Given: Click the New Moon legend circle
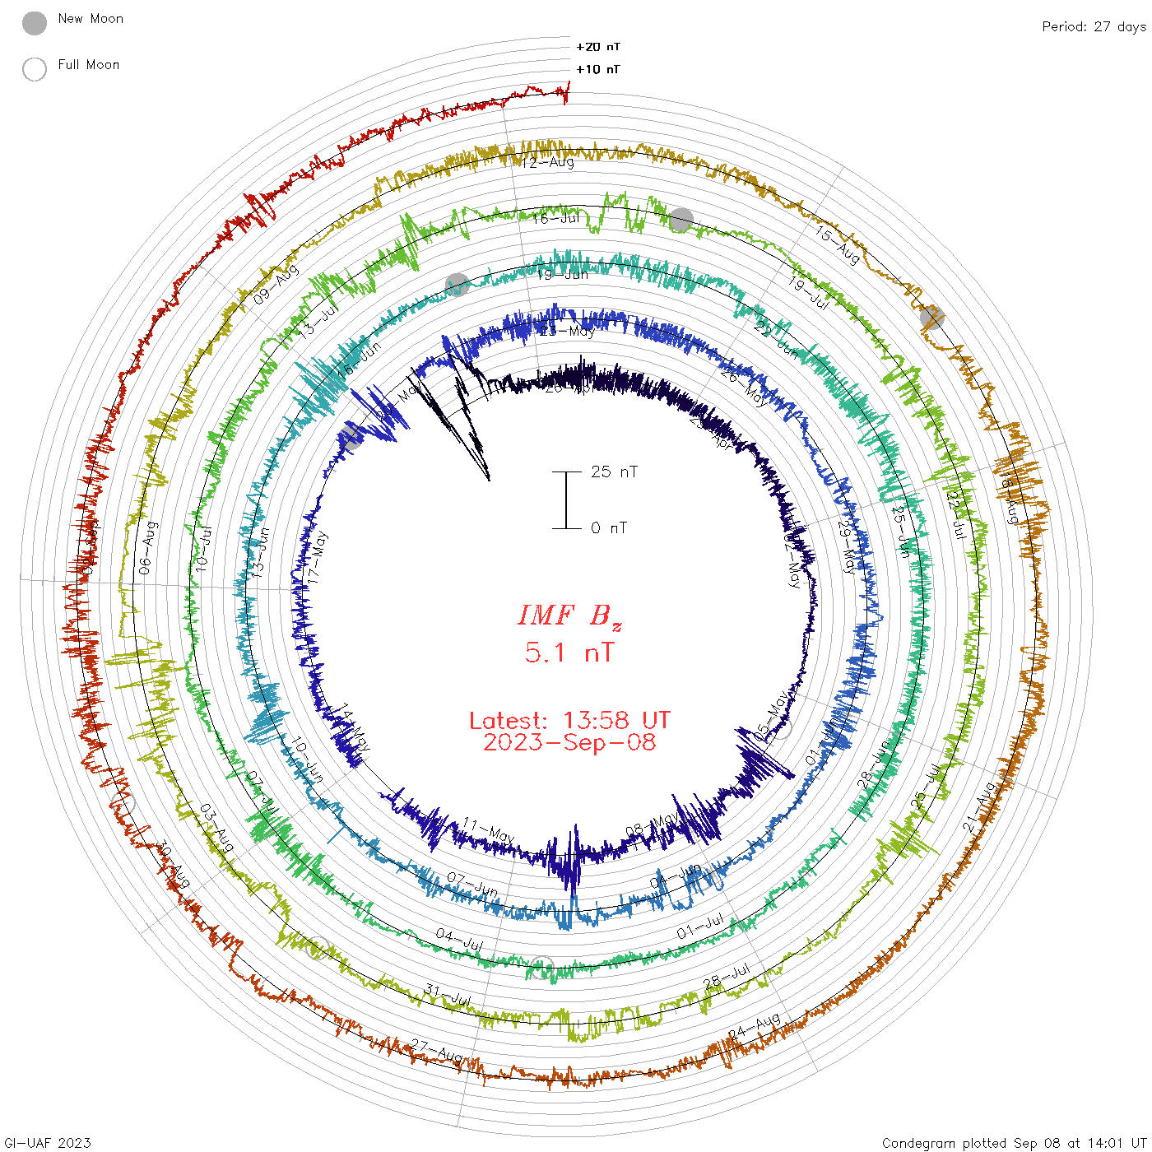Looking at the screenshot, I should (35, 24).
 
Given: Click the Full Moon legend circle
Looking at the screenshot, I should (35, 69).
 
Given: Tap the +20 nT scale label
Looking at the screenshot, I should (598, 47).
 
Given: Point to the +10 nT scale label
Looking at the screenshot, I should (598, 69).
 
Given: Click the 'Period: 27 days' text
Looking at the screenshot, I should (1094, 27).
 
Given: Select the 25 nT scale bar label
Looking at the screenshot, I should (614, 471).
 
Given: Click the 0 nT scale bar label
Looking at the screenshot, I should (608, 528).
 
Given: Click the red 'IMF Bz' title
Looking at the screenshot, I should (569, 615).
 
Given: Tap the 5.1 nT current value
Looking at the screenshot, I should (569, 653).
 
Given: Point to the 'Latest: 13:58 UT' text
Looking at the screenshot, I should (569, 721).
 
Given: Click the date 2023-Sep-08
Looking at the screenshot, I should (569, 743).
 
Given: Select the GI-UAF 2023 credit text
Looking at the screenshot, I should (48, 1143).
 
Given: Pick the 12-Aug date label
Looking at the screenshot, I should (548, 163).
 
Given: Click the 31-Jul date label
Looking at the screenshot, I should (448, 995).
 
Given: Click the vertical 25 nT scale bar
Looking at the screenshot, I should (566, 499).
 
